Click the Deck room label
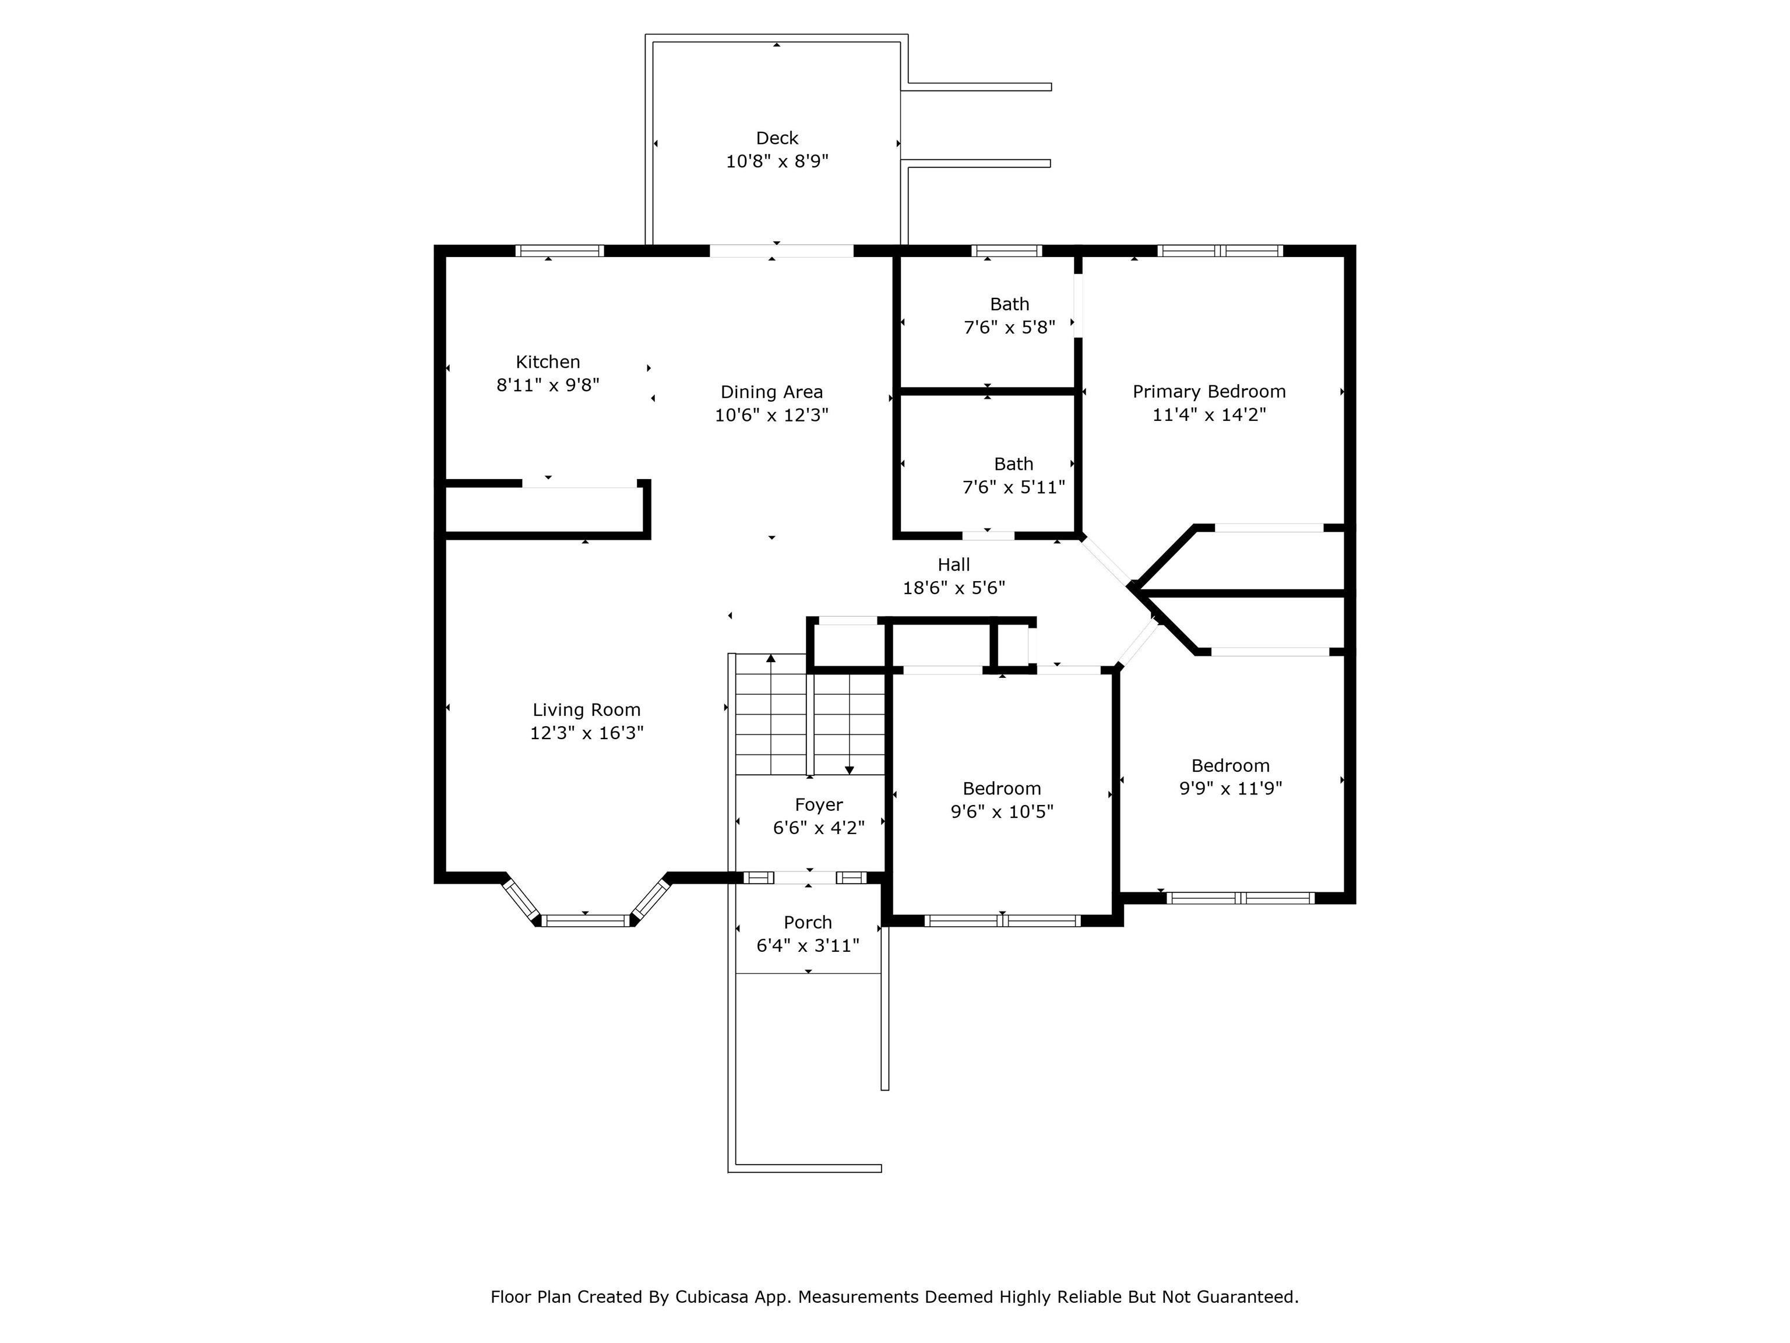tap(777, 138)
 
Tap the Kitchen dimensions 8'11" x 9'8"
tap(548, 385)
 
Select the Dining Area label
tap(771, 392)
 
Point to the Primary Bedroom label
tap(1209, 392)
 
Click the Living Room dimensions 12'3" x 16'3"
tap(587, 733)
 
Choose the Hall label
tap(953, 565)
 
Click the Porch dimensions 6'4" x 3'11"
tap(808, 945)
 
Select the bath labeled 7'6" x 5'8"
tap(1009, 316)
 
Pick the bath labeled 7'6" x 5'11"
tap(1013, 475)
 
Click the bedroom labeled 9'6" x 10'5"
tap(1002, 800)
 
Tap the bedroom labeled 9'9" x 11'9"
tap(1230, 777)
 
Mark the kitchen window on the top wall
tap(560, 251)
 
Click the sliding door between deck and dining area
tap(782, 251)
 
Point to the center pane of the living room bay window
tap(585, 920)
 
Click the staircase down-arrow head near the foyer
tap(850, 770)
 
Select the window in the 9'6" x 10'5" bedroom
tap(1002, 920)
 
